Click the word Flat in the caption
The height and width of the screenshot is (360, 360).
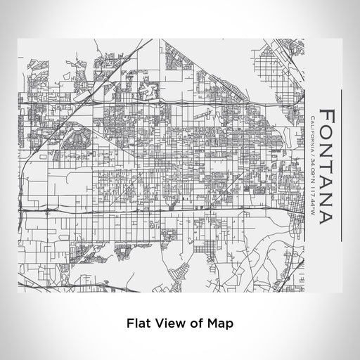139,324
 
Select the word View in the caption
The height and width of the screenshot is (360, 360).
169,324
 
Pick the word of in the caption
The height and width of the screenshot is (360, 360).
193,324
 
